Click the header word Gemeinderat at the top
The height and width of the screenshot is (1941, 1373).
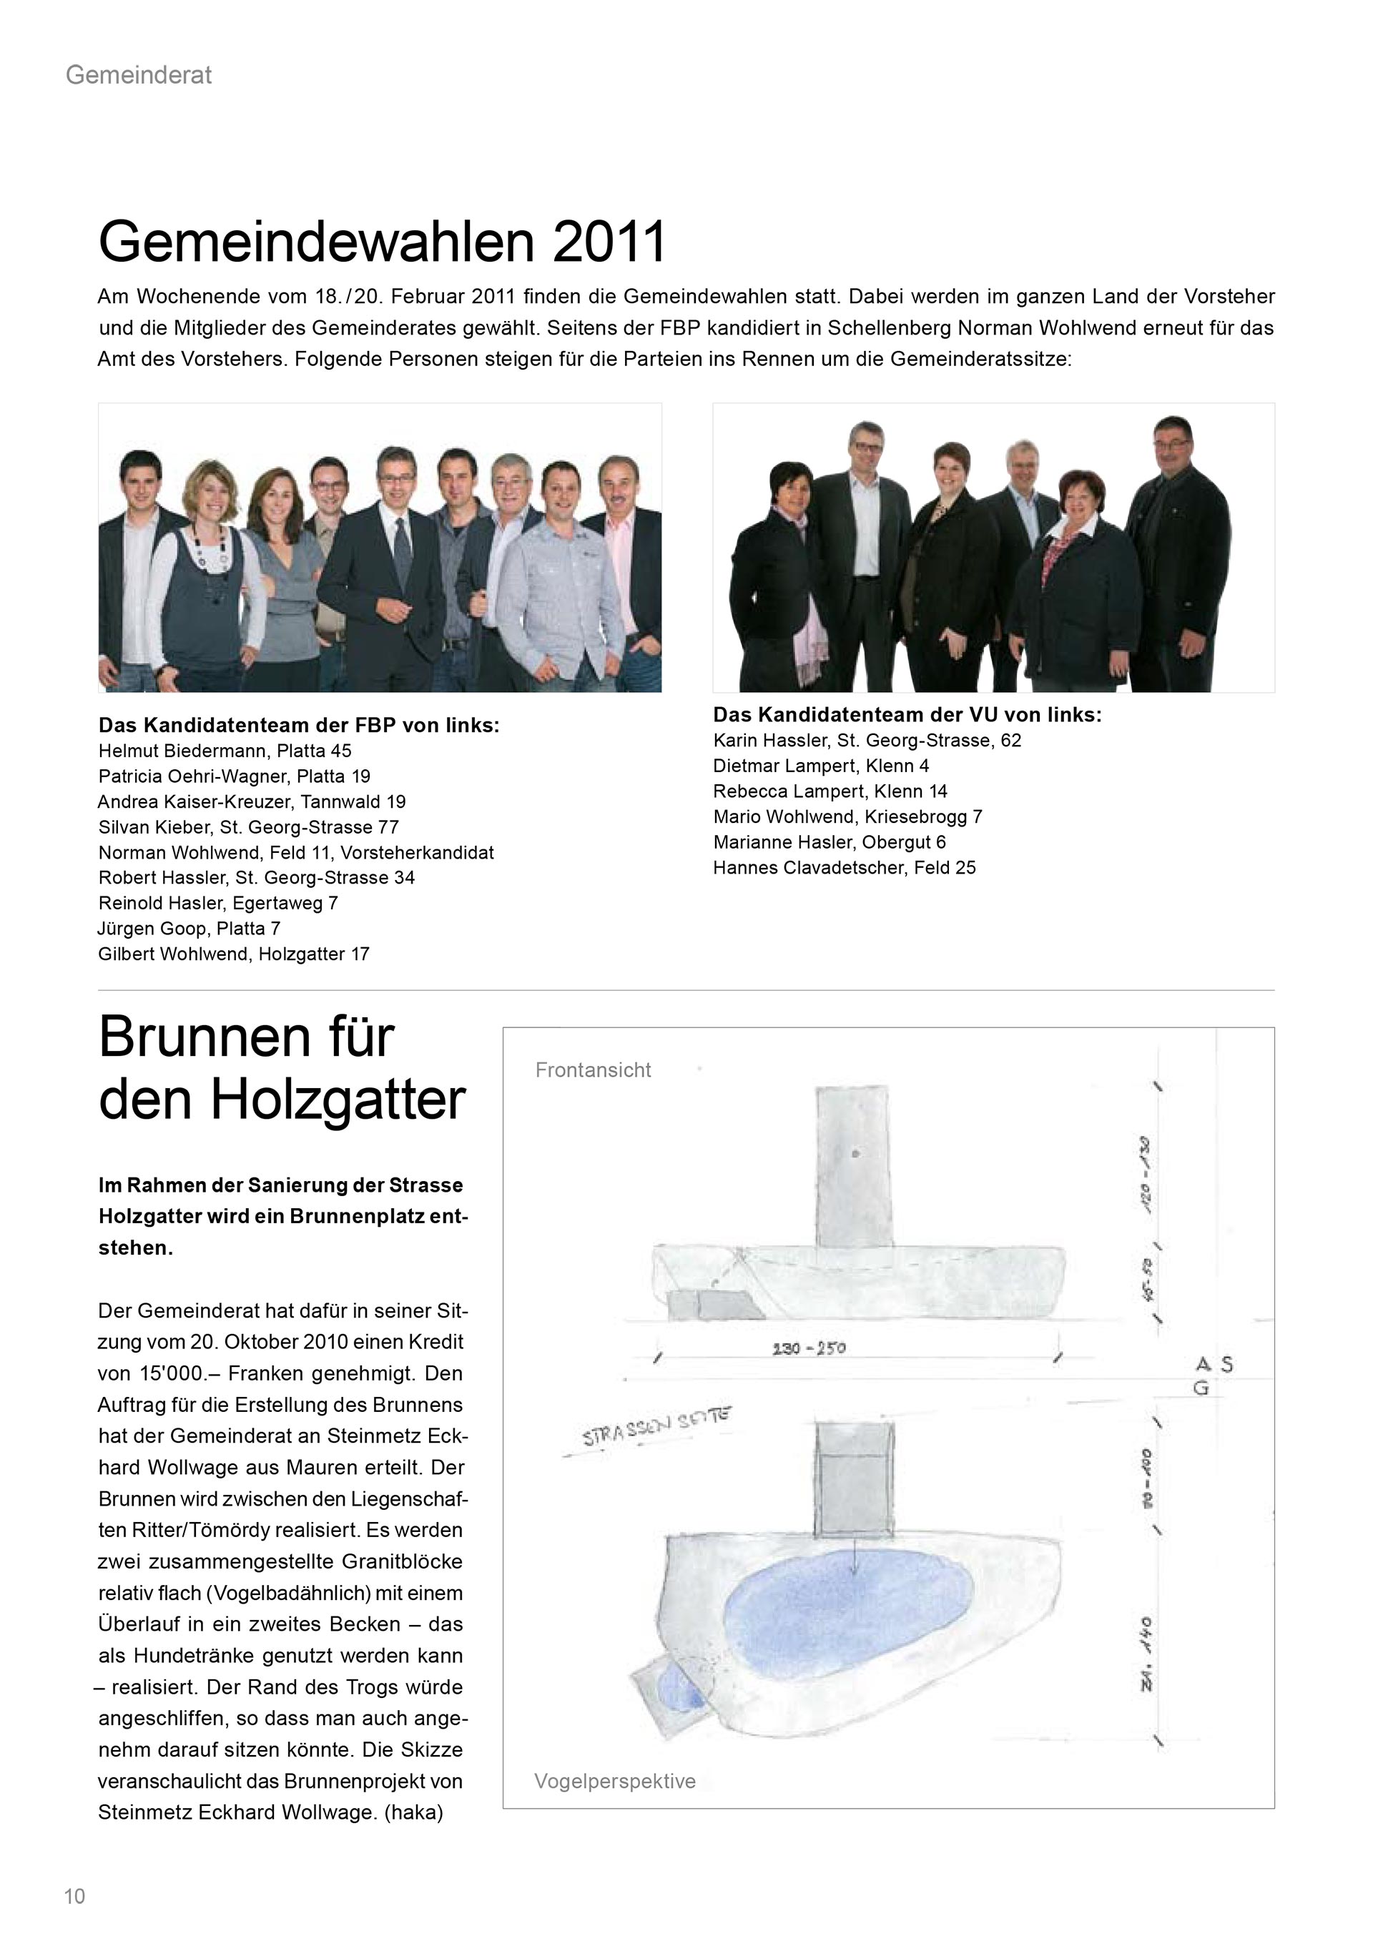(139, 75)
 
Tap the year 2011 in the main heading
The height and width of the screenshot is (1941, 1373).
(609, 242)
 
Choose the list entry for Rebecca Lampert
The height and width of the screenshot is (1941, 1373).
(830, 791)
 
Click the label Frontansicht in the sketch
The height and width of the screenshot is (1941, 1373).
(593, 1070)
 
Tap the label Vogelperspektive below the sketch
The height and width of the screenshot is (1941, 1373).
(615, 1782)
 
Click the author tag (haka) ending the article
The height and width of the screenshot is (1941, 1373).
(413, 1812)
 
